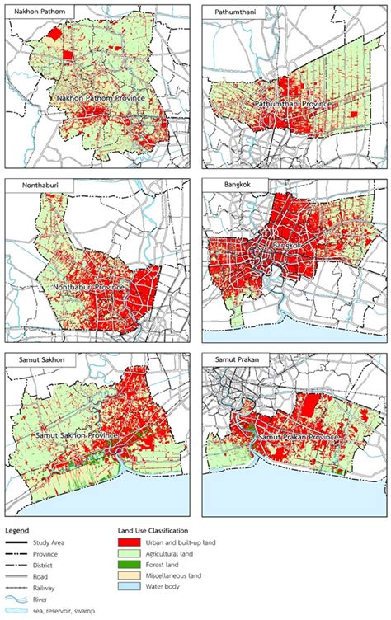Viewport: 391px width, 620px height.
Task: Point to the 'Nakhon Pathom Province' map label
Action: pyautogui.click(x=101, y=98)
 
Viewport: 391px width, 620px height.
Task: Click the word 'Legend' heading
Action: pyautogui.click(x=17, y=528)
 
